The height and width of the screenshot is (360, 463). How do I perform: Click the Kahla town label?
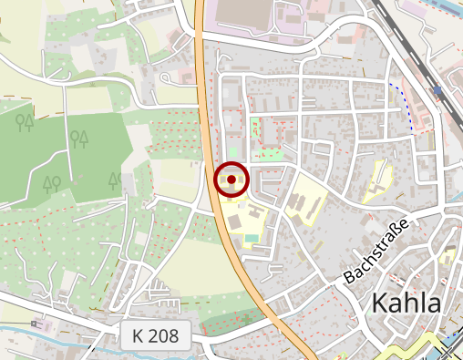tap(406, 303)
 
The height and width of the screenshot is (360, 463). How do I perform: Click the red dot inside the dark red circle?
tap(231, 180)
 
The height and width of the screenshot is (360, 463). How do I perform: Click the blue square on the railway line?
tap(438, 91)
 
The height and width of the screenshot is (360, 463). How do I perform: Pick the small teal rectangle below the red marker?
tap(251, 239)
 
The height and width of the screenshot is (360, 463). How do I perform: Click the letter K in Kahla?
tap(380, 303)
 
